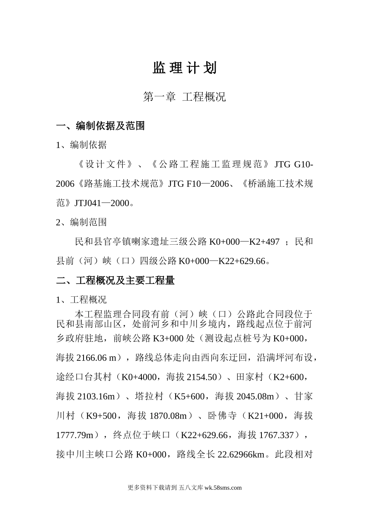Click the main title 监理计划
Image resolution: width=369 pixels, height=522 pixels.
coord(184,68)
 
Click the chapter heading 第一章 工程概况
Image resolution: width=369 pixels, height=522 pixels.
coord(184,97)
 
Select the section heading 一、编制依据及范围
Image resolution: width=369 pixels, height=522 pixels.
coord(101,125)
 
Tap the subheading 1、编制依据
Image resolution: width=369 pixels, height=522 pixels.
coord(81,145)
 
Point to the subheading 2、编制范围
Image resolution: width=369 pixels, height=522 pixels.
coord(81,222)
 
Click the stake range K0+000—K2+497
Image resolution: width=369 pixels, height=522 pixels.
coord(244,242)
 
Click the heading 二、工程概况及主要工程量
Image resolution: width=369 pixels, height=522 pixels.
coord(115,280)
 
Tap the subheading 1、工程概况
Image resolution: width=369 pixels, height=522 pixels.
coord(81,300)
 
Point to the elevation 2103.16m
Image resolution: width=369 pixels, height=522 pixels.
coord(96,397)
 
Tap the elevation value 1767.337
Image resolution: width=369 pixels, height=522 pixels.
coord(276,435)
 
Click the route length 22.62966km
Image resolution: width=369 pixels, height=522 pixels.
coord(241,454)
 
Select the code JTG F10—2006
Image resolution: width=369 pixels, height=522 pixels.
coord(198,184)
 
